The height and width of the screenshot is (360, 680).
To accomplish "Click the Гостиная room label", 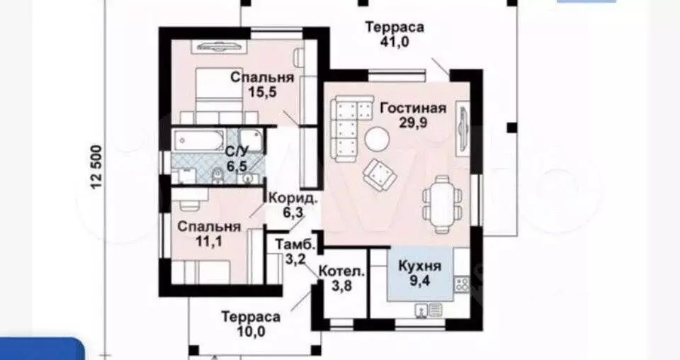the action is coord(413,108).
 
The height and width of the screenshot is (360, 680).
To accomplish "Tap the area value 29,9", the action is coord(413,123).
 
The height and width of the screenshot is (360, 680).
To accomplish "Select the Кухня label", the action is coord(419,266).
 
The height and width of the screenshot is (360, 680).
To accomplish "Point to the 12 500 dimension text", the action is coord(97,167).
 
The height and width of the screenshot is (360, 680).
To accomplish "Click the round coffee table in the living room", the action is coord(376,139).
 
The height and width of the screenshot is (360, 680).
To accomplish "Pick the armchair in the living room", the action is coord(380,174).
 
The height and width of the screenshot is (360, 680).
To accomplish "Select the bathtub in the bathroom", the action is coord(198,140).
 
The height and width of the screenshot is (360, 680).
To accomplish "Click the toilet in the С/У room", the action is coord(217,176).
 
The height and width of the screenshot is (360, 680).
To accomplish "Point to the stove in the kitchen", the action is coord(462,284).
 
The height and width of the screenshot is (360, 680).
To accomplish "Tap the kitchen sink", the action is coord(428,310).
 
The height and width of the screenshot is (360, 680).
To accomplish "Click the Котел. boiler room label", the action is coord(341,271).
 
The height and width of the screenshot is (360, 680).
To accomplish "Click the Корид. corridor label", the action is coord(293,198).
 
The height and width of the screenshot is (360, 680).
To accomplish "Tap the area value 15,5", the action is coord(262,92).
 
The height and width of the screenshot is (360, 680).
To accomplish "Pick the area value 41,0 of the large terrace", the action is coord(395,41).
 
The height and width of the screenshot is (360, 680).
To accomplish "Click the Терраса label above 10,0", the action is coord(251,316).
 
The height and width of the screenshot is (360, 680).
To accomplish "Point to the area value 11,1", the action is coord(209,241).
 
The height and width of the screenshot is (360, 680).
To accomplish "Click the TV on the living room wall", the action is coord(463,127).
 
